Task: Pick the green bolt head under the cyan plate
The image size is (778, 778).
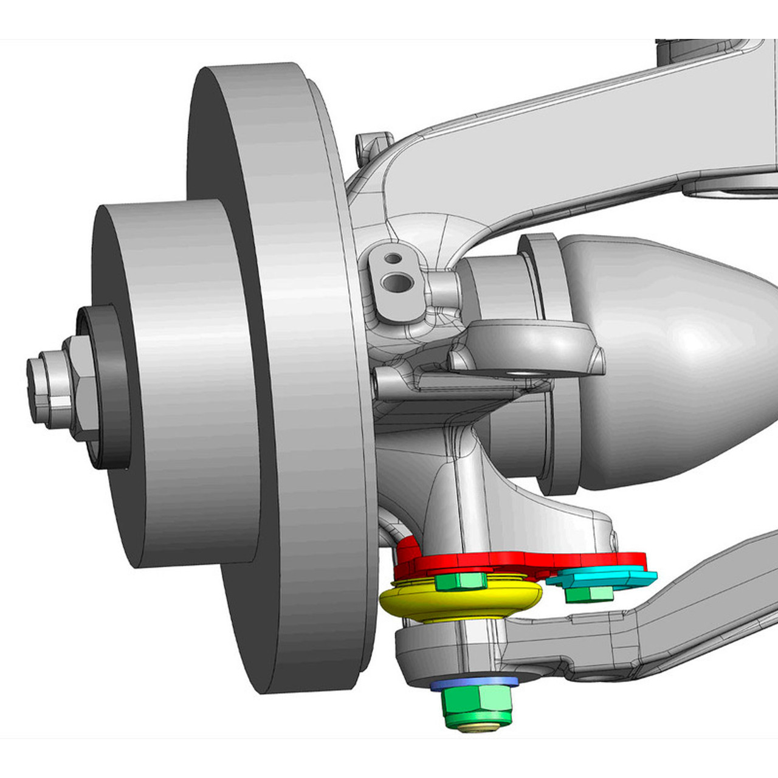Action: click(588, 594)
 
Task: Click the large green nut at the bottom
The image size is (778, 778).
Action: click(477, 707)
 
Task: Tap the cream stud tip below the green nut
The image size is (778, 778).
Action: click(480, 728)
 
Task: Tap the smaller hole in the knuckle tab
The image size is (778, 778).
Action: click(394, 258)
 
